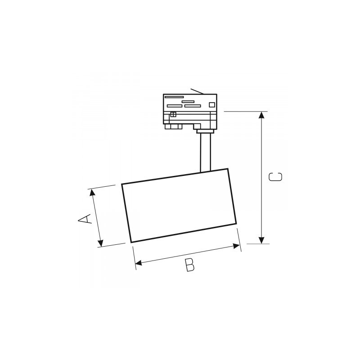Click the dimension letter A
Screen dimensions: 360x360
(x=85, y=219)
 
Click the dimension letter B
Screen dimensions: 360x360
(x=190, y=265)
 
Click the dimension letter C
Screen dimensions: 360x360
(x=275, y=177)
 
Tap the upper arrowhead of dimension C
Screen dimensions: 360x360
(x=261, y=115)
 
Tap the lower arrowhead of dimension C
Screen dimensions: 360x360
(x=261, y=240)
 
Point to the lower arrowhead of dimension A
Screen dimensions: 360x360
(x=100, y=243)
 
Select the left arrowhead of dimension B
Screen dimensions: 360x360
(x=139, y=262)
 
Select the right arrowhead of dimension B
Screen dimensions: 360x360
(x=236, y=246)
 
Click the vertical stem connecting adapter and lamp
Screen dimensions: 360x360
(x=206, y=153)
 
